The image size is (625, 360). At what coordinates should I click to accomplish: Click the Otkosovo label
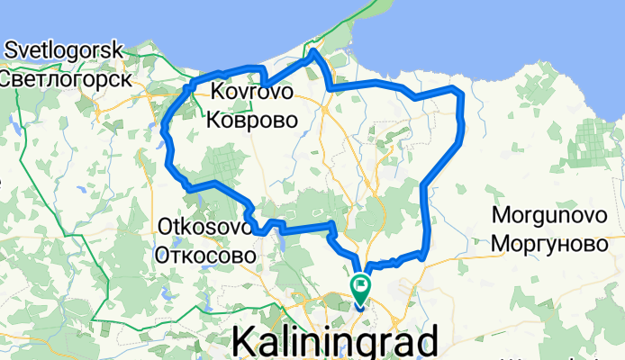pyautogui.click(x=204, y=226)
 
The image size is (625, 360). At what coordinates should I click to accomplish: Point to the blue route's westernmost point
pyautogui.click(x=163, y=135)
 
